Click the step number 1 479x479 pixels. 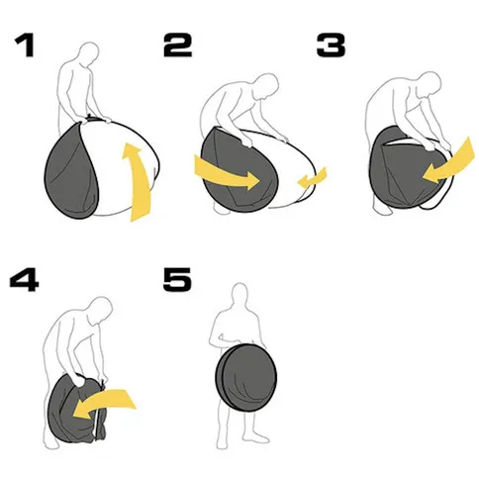(x=25, y=45)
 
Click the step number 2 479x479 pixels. (x=177, y=45)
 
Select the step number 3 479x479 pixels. (x=331, y=45)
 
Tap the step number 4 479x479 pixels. (x=24, y=280)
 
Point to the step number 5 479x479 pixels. (x=177, y=280)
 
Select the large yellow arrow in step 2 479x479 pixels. (x=225, y=174)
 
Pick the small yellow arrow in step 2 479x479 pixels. (x=313, y=178)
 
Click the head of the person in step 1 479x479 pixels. (x=89, y=52)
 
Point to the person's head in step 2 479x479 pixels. (x=267, y=85)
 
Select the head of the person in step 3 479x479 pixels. (x=429, y=83)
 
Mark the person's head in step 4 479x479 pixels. (x=101, y=310)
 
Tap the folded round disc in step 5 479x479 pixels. (x=246, y=377)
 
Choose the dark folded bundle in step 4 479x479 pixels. (x=76, y=409)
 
